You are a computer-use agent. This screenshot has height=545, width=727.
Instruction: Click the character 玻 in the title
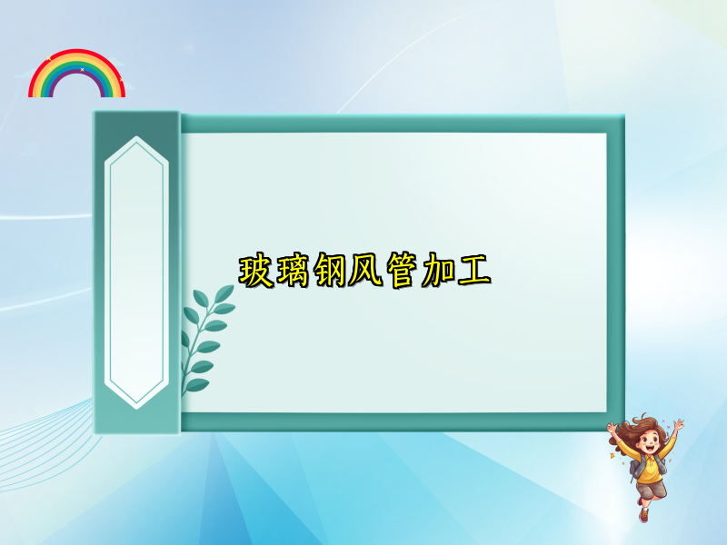255,272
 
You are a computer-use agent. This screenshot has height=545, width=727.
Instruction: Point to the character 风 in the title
364,272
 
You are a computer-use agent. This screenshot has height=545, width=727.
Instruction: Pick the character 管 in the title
401,272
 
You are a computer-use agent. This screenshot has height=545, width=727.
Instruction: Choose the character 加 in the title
437,272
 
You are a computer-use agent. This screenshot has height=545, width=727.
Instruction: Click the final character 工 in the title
473,272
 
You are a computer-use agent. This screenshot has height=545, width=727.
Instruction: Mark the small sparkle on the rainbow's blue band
82,69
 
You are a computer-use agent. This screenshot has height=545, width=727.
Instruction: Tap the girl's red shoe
643,514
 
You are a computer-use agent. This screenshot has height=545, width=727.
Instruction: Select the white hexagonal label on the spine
136,272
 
